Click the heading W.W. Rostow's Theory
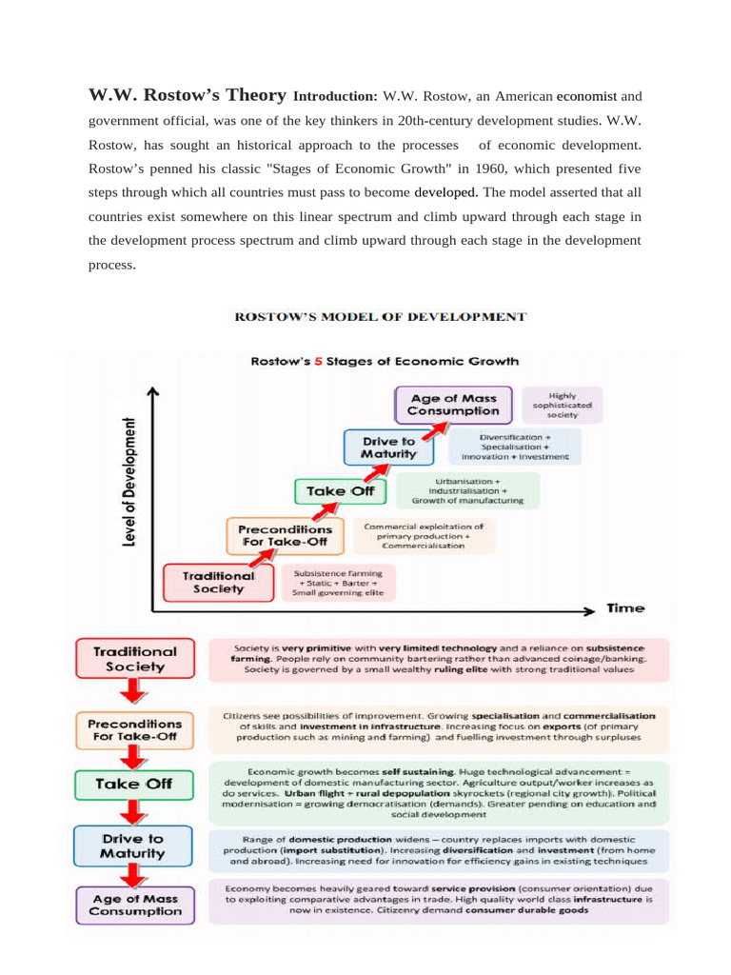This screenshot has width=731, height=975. (x=187, y=95)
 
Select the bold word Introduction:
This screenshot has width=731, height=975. (x=336, y=96)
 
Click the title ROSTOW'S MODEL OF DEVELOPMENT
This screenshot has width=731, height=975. (x=380, y=316)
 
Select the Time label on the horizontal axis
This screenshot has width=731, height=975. (x=625, y=607)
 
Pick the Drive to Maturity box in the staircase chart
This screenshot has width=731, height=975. (x=388, y=448)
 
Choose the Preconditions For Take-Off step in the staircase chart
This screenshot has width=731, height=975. (x=285, y=535)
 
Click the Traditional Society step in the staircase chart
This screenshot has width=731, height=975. (x=219, y=582)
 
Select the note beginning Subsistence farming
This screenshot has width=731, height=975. (x=338, y=583)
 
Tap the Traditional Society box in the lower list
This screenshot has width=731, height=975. (x=134, y=659)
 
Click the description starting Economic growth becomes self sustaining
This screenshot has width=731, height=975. (x=440, y=790)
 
